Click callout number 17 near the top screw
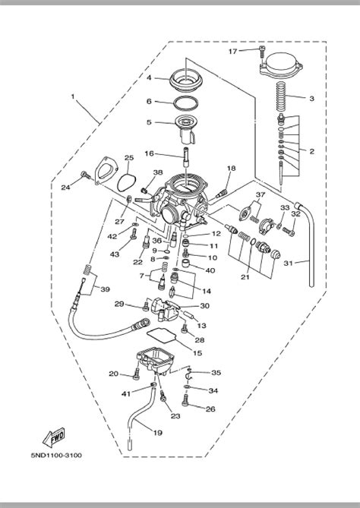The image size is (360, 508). (x=233, y=51)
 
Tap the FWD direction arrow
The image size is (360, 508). (x=55, y=438)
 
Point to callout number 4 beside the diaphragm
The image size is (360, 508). (x=150, y=78)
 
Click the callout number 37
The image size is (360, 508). (x=261, y=195)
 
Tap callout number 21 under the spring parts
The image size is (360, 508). (x=245, y=276)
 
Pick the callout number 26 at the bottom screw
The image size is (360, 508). (x=210, y=409)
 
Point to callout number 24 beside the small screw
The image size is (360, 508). (x=65, y=186)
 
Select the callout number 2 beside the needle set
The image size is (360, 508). (x=311, y=151)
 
